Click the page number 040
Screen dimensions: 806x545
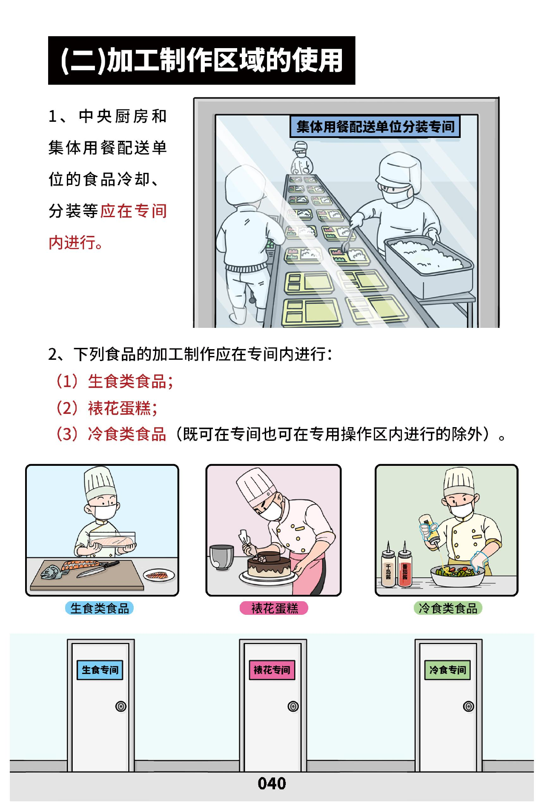pos(272,783)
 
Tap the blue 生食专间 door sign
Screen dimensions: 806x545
pos(100,670)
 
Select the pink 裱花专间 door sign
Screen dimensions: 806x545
pos(272,670)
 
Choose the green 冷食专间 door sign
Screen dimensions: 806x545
pos(447,670)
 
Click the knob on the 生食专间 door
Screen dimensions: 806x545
pos(121,706)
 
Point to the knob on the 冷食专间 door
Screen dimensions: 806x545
pos(468,706)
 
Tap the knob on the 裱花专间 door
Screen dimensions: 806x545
pos(293,706)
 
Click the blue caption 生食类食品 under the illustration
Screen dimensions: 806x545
pos(99,608)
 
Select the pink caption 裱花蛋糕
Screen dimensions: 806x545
pos(274,608)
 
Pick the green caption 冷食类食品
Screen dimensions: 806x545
pos(448,608)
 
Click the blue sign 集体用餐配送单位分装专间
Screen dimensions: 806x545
pos(375,126)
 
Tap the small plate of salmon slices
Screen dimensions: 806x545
pos(159,576)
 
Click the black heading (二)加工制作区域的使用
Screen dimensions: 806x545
pos(201,60)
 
